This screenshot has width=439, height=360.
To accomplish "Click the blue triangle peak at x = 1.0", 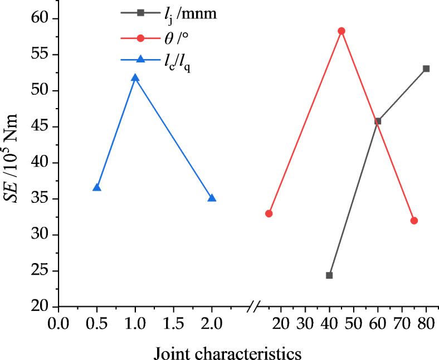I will [135, 78].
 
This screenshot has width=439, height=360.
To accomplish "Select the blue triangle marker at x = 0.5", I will [97, 188].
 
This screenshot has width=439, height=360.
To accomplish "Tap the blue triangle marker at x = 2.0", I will [212, 198].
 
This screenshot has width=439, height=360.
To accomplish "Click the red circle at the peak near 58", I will [342, 31].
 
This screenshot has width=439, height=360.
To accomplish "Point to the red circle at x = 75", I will [414, 221].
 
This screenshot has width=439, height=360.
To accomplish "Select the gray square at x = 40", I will [329, 275].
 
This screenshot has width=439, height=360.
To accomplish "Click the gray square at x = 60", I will [378, 121].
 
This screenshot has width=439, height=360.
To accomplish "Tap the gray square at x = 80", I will [426, 69].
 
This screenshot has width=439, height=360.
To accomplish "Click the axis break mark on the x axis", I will [255, 307].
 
